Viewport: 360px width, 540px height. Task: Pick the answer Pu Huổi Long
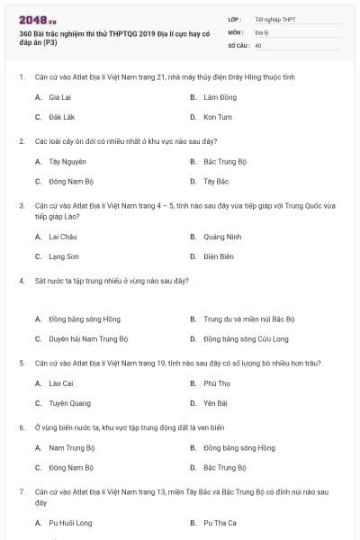tap(70, 523)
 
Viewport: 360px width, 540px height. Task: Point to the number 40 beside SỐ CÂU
tap(258, 44)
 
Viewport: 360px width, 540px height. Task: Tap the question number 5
tap(21, 364)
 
